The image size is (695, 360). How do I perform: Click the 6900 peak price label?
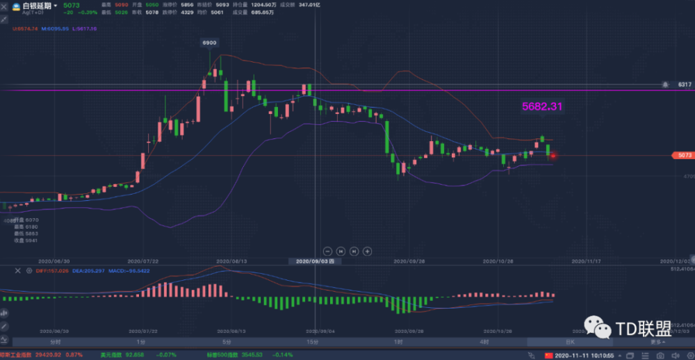209,43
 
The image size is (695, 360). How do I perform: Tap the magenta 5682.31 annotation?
542,106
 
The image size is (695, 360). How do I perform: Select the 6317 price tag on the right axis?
685,84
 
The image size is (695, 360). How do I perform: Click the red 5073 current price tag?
684,155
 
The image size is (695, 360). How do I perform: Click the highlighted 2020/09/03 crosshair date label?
316,261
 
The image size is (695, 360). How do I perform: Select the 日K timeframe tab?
570,342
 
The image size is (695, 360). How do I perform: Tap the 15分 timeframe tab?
313,342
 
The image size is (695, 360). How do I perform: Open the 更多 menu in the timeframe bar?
656,342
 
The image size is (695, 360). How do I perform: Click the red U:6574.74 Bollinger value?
25,28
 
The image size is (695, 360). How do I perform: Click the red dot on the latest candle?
553,155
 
